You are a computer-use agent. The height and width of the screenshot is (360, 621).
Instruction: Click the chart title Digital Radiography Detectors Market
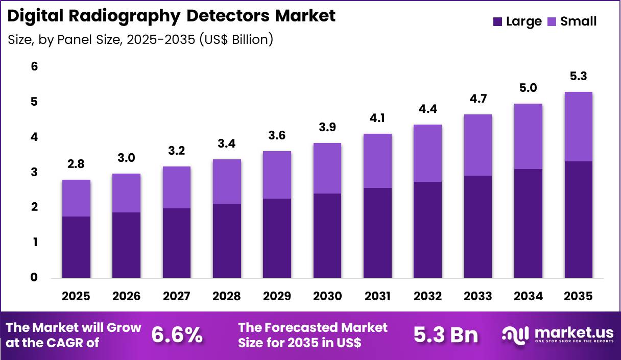pos(172,16)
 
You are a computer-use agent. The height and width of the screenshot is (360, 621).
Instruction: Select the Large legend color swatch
pos(498,21)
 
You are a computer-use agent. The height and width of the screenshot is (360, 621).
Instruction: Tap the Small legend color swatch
pos(552,21)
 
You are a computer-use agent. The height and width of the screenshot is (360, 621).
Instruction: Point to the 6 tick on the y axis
pos(35,67)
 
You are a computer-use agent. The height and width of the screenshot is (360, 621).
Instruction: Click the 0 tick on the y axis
pos(35,278)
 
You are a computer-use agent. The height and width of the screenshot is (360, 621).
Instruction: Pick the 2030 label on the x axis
pos(327,296)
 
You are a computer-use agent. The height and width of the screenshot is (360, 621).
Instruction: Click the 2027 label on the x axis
pos(177,296)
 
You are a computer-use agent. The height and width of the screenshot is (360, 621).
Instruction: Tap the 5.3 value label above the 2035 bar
pos(579,77)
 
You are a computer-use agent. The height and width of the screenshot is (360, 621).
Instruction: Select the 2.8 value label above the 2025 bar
pos(76,164)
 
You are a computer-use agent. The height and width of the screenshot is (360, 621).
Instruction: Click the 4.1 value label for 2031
pos(377,118)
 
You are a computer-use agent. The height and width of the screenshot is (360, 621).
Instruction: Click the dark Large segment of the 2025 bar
pos(76,247)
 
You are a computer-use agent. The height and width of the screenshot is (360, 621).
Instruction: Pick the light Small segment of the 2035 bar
pos(579,127)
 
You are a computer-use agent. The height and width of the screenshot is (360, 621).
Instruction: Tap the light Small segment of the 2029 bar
pos(277,175)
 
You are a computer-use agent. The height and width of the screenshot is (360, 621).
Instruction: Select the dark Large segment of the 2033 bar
pos(478,227)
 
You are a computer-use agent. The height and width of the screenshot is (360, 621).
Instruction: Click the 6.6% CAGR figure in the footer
pos(177,335)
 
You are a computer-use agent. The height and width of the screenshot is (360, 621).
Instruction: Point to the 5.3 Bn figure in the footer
pos(445,335)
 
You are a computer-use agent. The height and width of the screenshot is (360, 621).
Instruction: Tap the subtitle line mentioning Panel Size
pos(140,39)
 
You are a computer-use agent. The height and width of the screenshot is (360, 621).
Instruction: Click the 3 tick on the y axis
pos(35,173)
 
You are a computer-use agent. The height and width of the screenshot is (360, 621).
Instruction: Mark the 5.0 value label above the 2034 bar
pos(528,88)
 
